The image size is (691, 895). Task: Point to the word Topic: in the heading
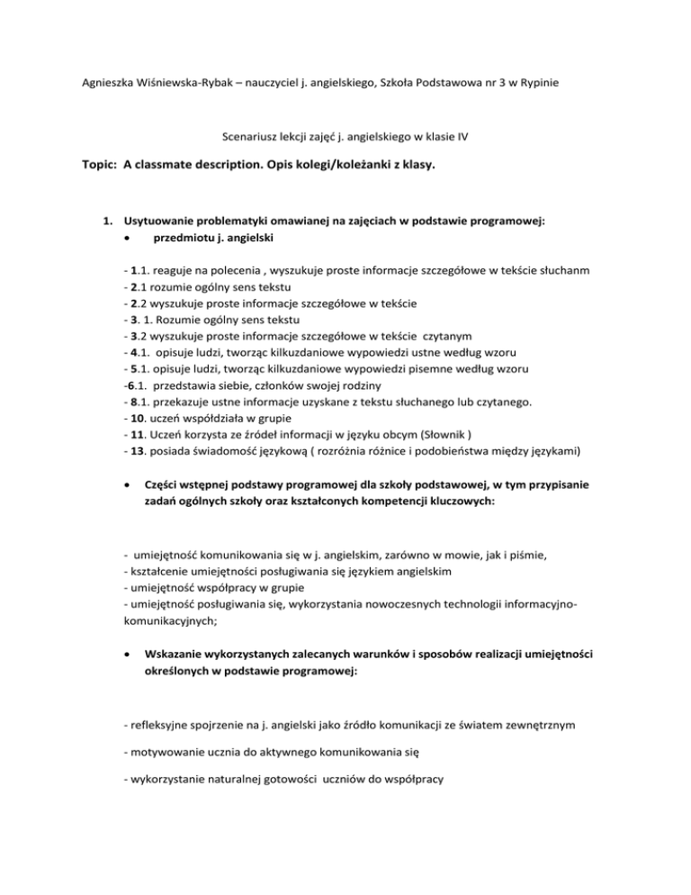pos(96,166)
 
